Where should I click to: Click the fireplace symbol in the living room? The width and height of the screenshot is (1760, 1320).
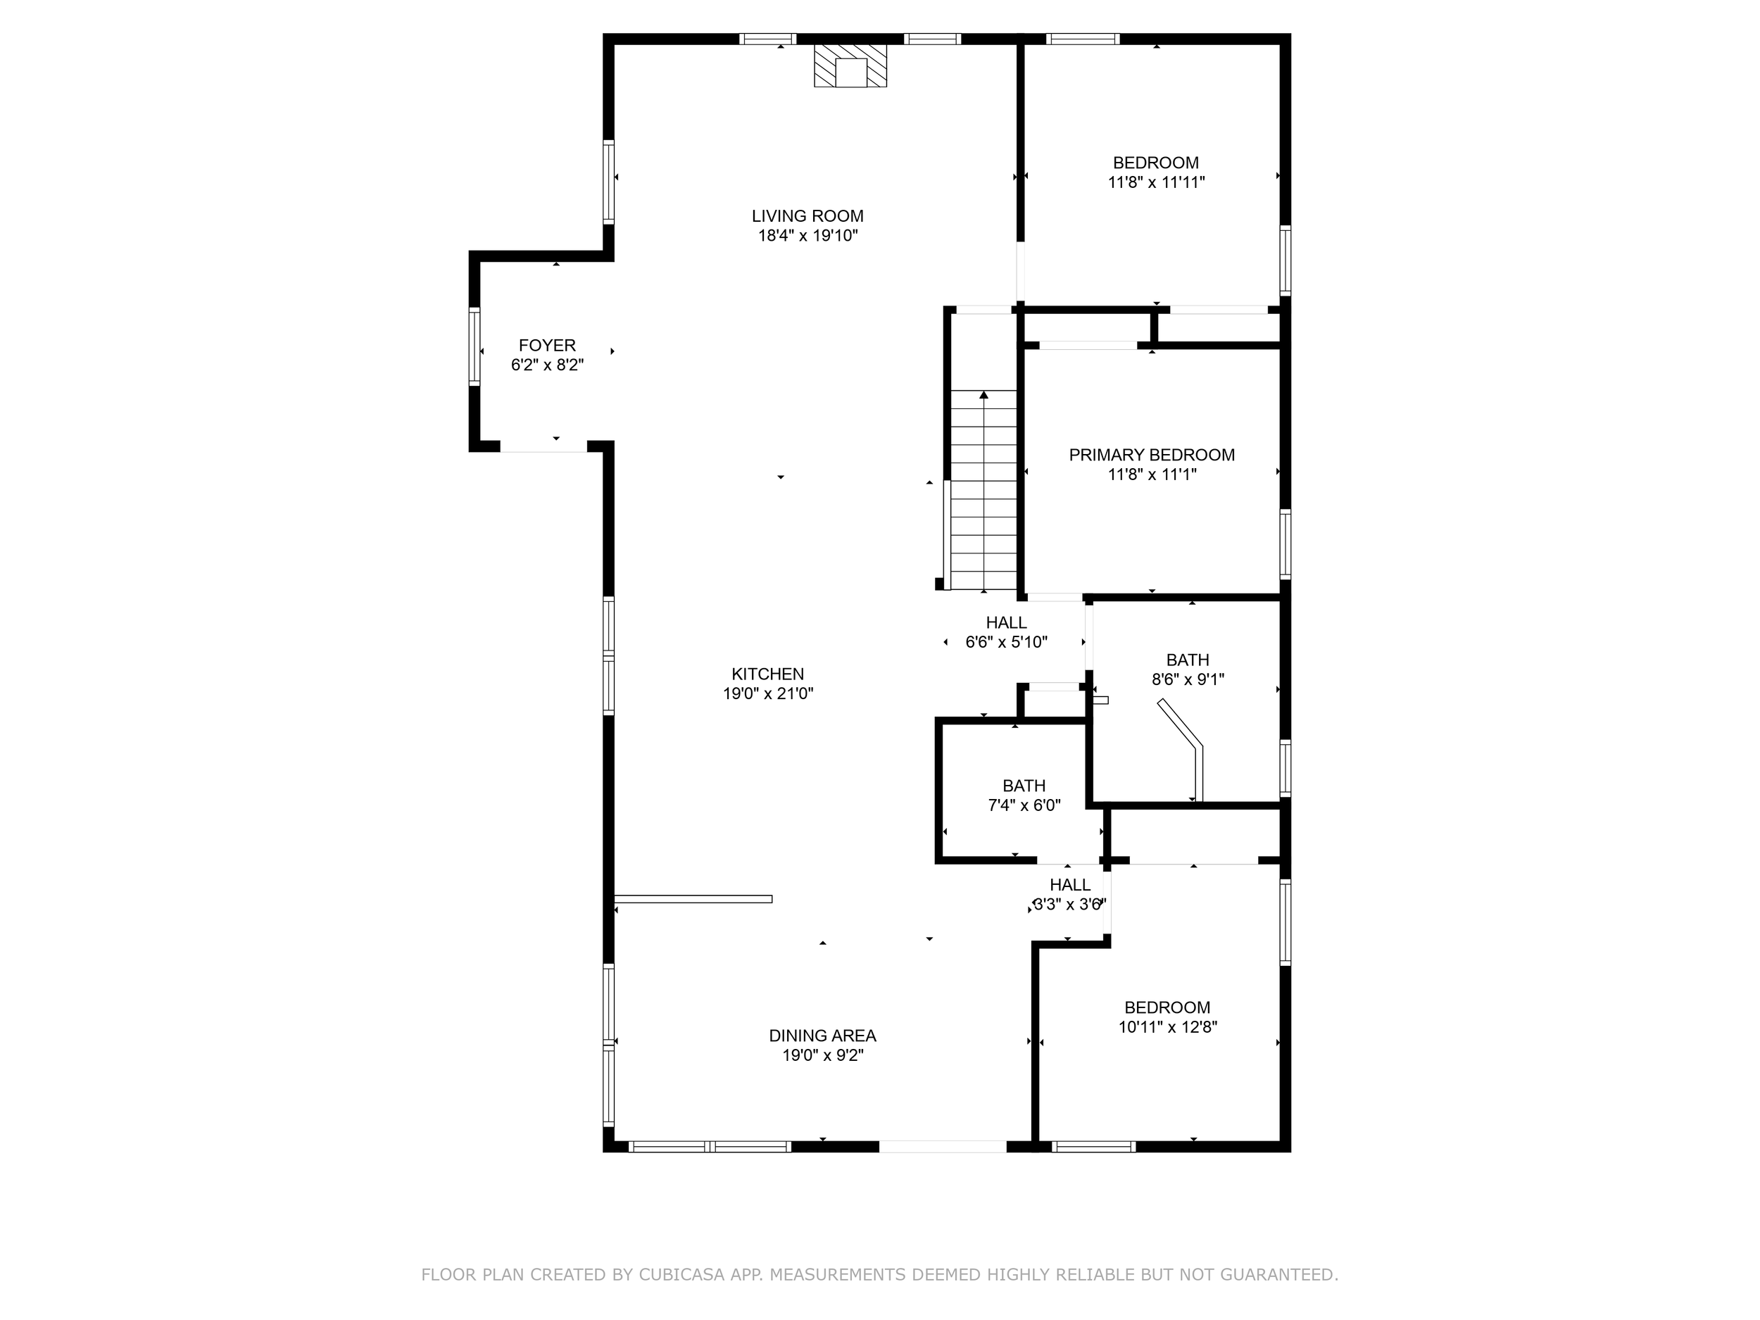pyautogui.click(x=850, y=65)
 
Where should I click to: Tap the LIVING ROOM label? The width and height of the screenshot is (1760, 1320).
pyautogui.click(x=807, y=215)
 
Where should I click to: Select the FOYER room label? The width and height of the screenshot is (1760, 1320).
pyautogui.click(x=548, y=346)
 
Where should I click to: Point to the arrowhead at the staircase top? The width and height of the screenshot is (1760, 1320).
pyautogui.click(x=984, y=395)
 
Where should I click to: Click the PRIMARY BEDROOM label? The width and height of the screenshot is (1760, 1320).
pyautogui.click(x=1151, y=455)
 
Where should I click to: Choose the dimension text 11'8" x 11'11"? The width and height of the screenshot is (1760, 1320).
pyautogui.click(x=1156, y=182)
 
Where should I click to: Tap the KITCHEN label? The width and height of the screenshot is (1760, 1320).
pyautogui.click(x=768, y=674)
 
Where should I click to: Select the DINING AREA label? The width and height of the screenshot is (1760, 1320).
pyautogui.click(x=823, y=1036)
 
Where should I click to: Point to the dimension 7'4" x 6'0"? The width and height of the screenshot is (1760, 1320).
pyautogui.click(x=1024, y=805)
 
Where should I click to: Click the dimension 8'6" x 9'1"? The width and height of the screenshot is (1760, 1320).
pyautogui.click(x=1188, y=679)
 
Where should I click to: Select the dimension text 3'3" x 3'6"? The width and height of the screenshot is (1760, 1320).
pyautogui.click(x=1069, y=905)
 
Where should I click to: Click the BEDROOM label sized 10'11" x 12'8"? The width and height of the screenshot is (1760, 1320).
pyautogui.click(x=1167, y=1007)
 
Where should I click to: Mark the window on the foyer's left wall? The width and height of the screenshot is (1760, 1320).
pyautogui.click(x=474, y=347)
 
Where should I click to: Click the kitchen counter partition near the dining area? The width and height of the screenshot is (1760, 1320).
pyautogui.click(x=693, y=899)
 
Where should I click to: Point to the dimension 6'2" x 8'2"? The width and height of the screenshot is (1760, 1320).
pyautogui.click(x=548, y=365)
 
